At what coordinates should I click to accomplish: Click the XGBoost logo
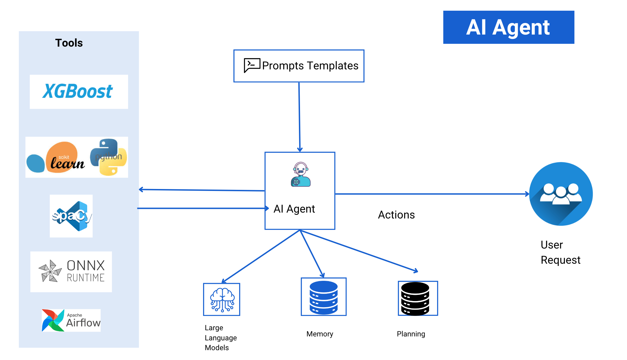[78, 91]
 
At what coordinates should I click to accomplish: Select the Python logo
[109, 157]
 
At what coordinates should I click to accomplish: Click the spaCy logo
[71, 216]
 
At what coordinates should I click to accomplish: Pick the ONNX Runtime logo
[71, 271]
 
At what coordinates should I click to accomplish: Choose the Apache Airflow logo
[71, 320]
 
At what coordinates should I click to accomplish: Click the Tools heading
[69, 43]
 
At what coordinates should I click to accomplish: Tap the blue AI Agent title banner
[508, 27]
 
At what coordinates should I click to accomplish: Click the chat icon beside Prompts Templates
[251, 65]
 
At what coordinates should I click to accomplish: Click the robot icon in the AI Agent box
[301, 174]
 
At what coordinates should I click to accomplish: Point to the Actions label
[396, 215]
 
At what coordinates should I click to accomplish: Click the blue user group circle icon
[561, 194]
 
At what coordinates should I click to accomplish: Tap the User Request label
[560, 252]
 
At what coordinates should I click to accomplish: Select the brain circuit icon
[222, 300]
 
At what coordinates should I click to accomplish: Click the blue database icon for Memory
[324, 297]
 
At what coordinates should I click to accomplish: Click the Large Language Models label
[221, 338]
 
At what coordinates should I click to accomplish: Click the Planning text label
[411, 334]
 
